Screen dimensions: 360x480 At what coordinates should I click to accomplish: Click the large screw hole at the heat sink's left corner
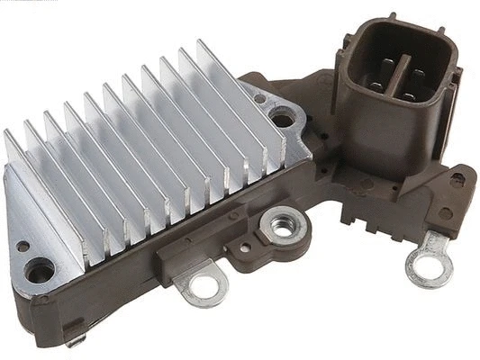[39, 267]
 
